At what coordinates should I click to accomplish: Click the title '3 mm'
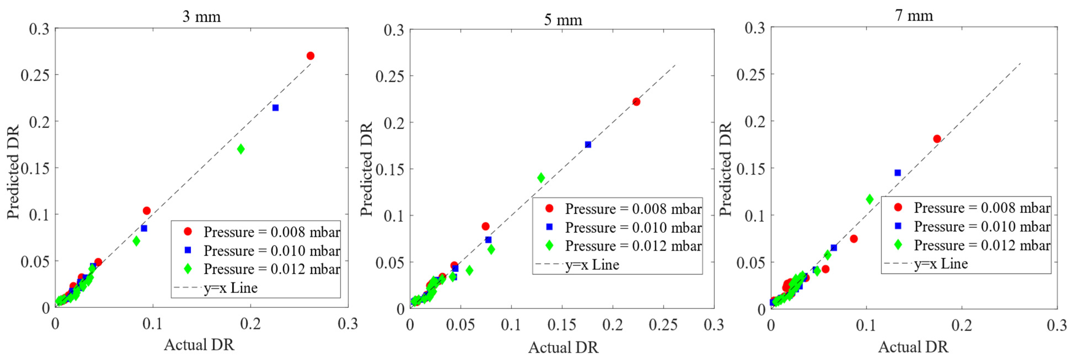(x=201, y=17)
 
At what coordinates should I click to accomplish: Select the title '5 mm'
(x=563, y=20)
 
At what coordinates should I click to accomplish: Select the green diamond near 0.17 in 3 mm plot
(x=241, y=149)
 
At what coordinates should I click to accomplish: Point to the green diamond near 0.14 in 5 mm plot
(x=541, y=178)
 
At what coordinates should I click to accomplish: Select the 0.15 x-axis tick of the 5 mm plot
(x=562, y=325)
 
